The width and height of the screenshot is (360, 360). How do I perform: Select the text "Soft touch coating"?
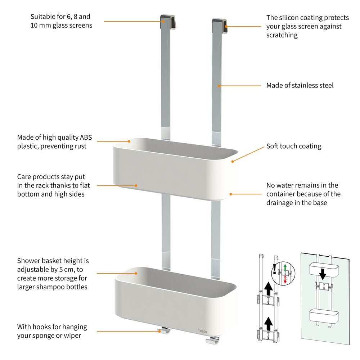293,146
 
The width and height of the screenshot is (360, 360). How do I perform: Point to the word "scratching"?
282,35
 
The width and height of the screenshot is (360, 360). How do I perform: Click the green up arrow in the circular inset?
285,267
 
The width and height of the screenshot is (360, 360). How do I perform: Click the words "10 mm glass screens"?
61,25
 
